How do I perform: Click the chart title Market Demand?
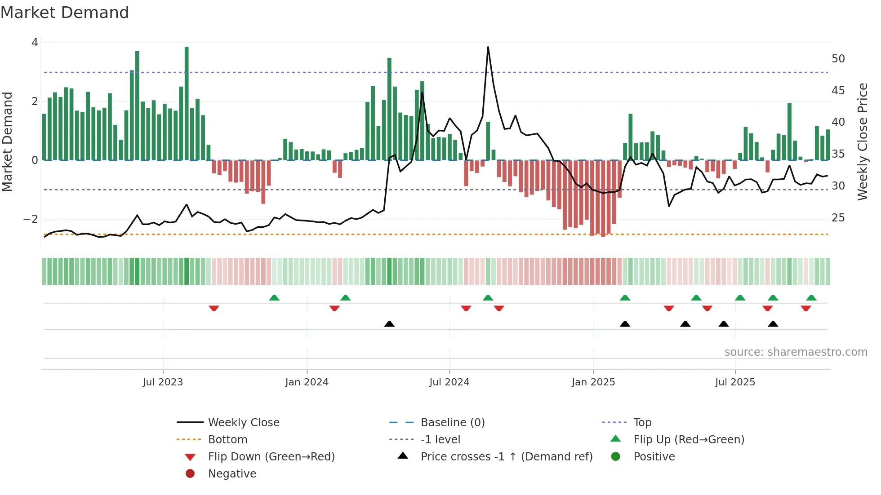[65, 13]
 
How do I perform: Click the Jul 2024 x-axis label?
[449, 382]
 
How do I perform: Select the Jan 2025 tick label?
[593, 382]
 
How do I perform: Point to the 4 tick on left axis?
[35, 43]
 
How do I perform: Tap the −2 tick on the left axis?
[31, 219]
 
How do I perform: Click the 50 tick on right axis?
[838, 59]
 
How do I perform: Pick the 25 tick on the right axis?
[838, 218]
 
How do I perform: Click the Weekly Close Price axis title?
[862, 141]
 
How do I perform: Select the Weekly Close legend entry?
[243, 423]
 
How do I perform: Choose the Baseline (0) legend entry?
[452, 423]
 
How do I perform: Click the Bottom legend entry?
[227, 440]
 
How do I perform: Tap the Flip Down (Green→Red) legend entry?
[271, 457]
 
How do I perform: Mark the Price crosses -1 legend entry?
[506, 457]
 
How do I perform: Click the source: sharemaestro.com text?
[796, 352]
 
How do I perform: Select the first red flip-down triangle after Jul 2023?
[214, 308]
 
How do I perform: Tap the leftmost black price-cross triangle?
[389, 324]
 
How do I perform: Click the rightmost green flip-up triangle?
[811, 298]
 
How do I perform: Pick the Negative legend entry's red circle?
[190, 474]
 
